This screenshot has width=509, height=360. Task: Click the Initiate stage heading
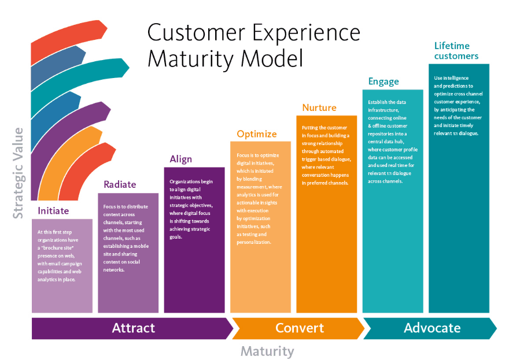(x=53, y=211)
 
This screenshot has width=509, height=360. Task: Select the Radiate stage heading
(x=120, y=185)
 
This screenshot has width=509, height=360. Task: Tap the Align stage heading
(x=181, y=159)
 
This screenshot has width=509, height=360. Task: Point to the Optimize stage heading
(x=257, y=134)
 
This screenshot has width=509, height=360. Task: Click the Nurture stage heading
(x=319, y=107)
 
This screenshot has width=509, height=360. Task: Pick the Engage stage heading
(x=383, y=81)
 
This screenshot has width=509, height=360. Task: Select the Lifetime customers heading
(x=456, y=51)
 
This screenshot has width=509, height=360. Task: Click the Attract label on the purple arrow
(x=134, y=328)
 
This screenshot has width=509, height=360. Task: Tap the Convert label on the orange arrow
(x=300, y=328)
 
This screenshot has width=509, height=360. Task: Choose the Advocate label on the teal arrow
(x=432, y=328)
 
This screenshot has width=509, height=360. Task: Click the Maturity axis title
(x=267, y=351)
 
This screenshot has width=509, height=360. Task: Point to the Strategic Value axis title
(x=19, y=173)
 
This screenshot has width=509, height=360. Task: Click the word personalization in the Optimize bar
(x=254, y=242)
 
